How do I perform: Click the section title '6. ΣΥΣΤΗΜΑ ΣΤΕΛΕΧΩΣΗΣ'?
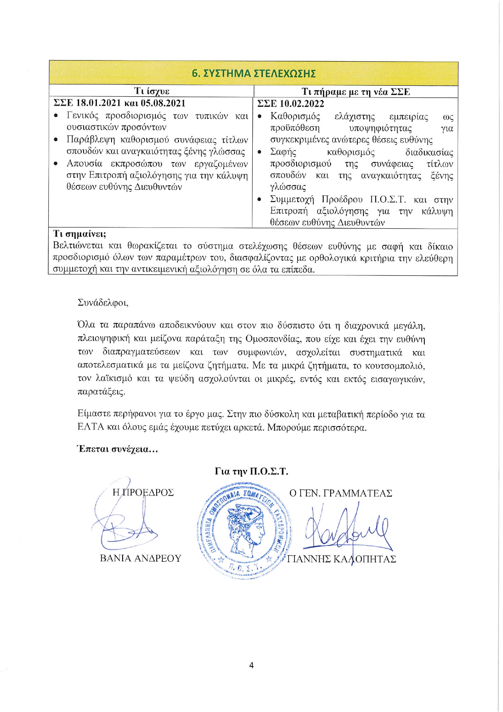click(254, 74)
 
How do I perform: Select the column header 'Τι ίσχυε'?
click(152, 91)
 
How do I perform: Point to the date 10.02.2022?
click(302, 104)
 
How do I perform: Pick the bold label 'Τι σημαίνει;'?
click(80, 234)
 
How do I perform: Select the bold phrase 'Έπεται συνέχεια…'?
click(117, 449)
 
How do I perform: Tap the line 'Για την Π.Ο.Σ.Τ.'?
click(251, 471)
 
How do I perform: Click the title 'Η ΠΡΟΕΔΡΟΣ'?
click(143, 492)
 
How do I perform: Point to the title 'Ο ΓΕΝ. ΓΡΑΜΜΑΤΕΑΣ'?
click(341, 493)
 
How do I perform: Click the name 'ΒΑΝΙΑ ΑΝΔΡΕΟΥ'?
click(140, 558)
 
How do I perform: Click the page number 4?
click(251, 665)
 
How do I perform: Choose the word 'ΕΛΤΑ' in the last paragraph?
click(90, 427)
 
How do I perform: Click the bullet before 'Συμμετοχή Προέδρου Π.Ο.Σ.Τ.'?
click(260, 200)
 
